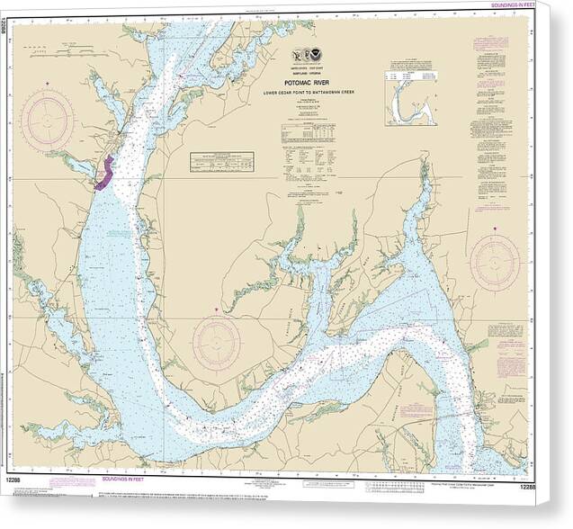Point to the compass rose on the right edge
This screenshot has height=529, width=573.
495,262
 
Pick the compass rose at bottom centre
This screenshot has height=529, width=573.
216,343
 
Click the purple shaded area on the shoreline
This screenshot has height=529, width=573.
103,174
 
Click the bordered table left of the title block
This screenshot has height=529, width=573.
221,161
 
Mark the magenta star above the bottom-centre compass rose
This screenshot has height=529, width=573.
216,310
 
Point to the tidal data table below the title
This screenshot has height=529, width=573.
307,135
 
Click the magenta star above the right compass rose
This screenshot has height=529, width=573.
495,229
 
